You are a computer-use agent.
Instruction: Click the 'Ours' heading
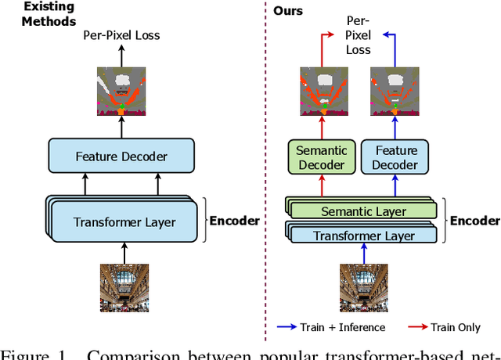[x=287, y=11]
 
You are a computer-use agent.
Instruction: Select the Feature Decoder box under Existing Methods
[x=121, y=157]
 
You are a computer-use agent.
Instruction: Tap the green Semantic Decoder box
[x=321, y=157]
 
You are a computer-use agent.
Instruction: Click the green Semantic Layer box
[x=365, y=211]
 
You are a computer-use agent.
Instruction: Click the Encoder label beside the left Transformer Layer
[x=234, y=221]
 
